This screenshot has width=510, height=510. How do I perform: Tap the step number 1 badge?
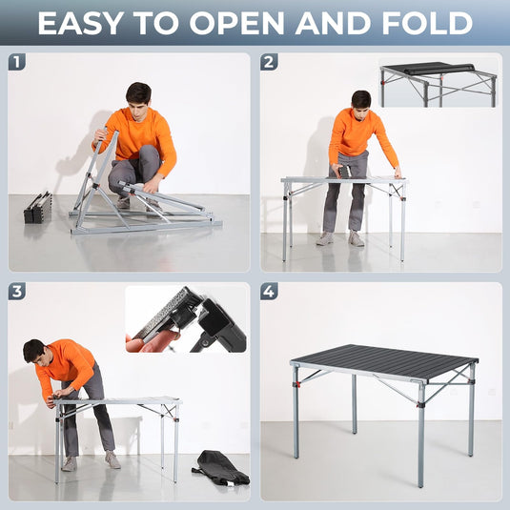point(16,63)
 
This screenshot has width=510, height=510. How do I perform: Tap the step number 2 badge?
point(270,63)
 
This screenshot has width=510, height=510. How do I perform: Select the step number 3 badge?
point(16,292)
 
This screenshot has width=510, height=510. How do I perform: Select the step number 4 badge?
point(270,292)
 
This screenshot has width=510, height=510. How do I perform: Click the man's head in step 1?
point(138,94)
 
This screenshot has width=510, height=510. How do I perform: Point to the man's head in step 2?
point(360,99)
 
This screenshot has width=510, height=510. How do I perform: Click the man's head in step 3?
point(33,351)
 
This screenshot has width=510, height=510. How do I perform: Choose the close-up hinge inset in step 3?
point(186,319)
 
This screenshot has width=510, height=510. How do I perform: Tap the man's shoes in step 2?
point(340,238)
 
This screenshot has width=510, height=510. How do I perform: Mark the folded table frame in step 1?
point(143,205)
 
